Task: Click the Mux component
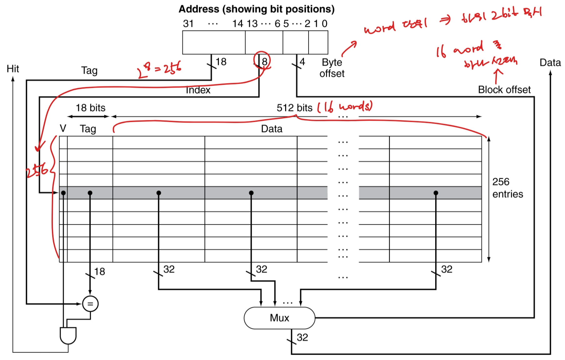pyautogui.click(x=279, y=318)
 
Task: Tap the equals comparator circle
pyautogui.click(x=90, y=304)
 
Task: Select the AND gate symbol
pyautogui.click(x=68, y=335)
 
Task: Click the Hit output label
pyautogui.click(x=13, y=69)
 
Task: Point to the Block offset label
pyautogui.click(x=504, y=90)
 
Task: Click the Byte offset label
pyautogui.click(x=332, y=68)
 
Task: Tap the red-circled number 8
pyautogui.click(x=264, y=61)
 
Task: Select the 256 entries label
pyautogui.click(x=507, y=188)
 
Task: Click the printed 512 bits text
pyautogui.click(x=294, y=108)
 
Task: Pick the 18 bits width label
pyautogui.click(x=90, y=108)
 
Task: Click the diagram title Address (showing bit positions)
pyautogui.click(x=256, y=9)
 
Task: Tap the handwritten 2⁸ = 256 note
pyautogui.click(x=159, y=69)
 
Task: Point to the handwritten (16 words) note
pyautogui.click(x=345, y=107)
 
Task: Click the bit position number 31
pyautogui.click(x=188, y=24)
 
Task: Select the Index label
pyautogui.click(x=198, y=90)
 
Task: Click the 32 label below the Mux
pyautogui.click(x=302, y=337)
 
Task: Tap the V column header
pyautogui.click(x=63, y=128)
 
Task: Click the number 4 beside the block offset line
pyautogui.click(x=302, y=62)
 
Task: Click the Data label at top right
pyautogui.click(x=550, y=63)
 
